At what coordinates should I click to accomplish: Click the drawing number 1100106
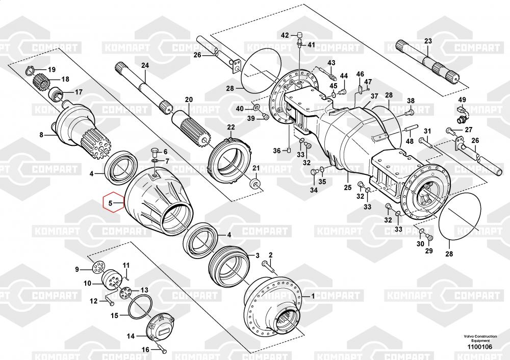[x=478, y=347]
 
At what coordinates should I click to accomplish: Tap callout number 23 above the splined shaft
[x=428, y=41]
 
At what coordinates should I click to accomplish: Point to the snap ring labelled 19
[x=31, y=70]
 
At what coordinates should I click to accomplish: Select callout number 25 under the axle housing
[x=347, y=188]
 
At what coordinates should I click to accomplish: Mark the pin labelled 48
[x=412, y=127]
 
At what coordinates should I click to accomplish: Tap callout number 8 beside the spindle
[x=42, y=135]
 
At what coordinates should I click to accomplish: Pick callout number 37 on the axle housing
[x=374, y=96]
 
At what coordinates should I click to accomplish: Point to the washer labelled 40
[x=256, y=109]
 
